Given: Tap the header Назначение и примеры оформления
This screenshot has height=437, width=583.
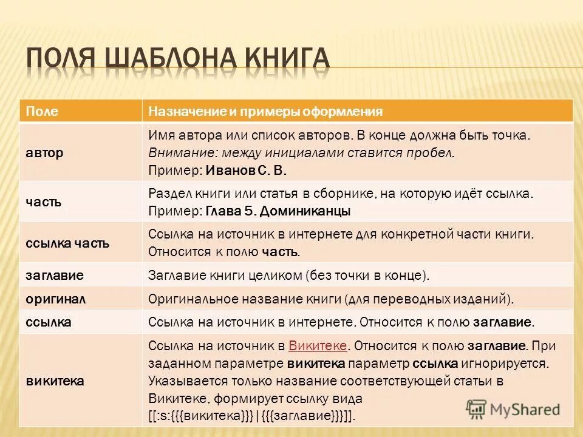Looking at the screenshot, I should [x=265, y=111].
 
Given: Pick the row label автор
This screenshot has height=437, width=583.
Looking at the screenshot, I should [x=44, y=153].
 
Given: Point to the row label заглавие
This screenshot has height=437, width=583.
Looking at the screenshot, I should [x=54, y=275].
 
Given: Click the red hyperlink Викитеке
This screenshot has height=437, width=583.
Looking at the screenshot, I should [x=318, y=346].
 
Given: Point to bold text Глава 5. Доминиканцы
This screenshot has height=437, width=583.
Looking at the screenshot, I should [x=278, y=211].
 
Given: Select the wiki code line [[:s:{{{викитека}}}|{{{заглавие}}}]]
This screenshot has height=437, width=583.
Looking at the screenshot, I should [x=251, y=416].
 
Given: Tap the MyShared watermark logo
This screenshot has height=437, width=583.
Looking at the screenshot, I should [x=513, y=409].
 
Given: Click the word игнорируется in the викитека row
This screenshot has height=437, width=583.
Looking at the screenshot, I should [x=507, y=364].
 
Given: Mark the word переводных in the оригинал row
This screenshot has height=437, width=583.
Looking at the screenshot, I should [x=424, y=299].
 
